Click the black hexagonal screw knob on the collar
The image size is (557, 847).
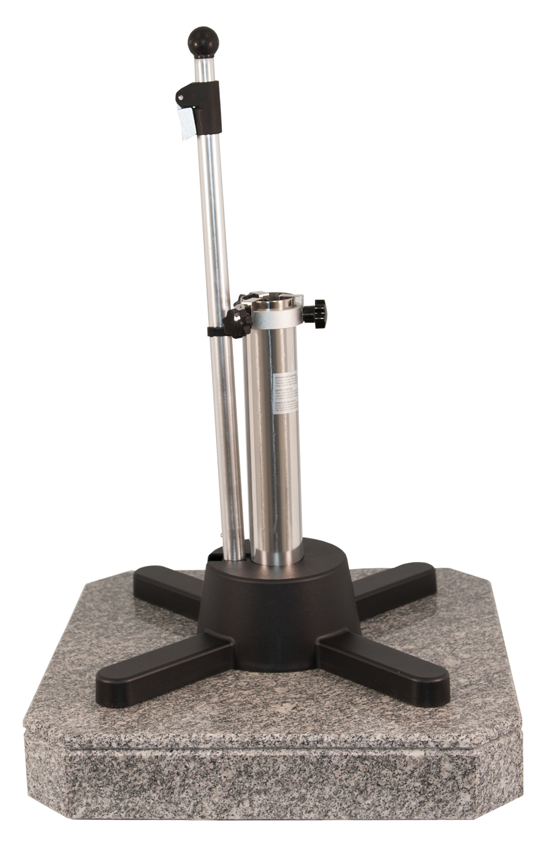316,313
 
